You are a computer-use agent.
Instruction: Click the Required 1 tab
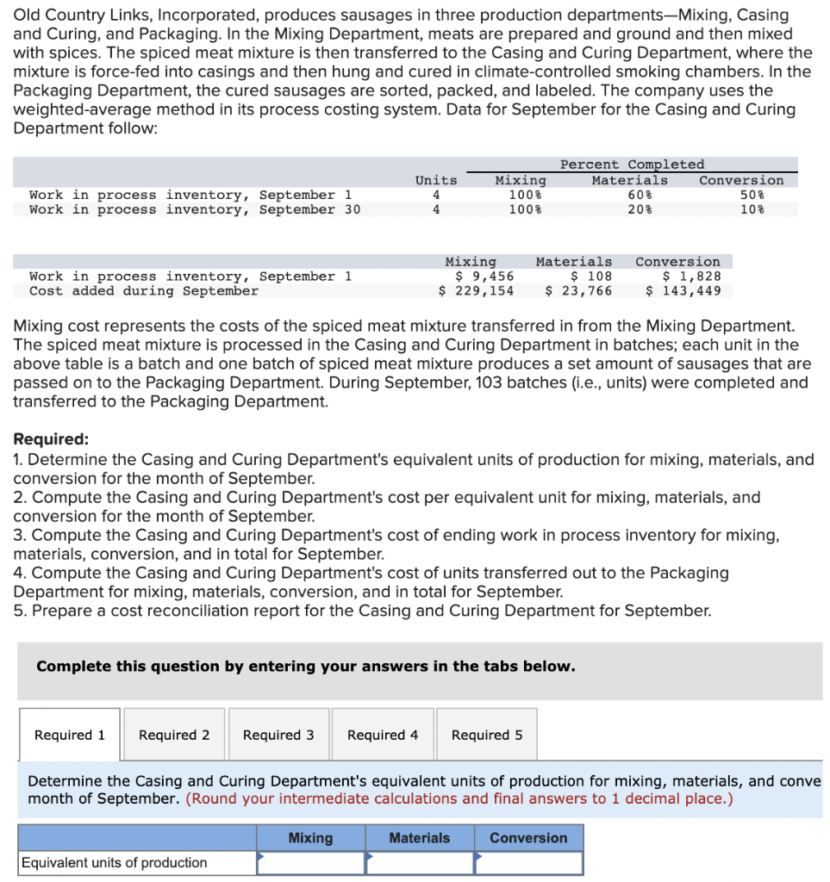(x=70, y=735)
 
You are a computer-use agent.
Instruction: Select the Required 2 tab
(x=174, y=735)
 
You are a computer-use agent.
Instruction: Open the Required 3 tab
(x=278, y=735)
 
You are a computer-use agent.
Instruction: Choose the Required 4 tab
(x=383, y=735)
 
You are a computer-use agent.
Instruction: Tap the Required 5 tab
(x=487, y=735)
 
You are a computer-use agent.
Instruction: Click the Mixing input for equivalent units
(x=311, y=863)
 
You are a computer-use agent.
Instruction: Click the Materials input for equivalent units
(x=420, y=863)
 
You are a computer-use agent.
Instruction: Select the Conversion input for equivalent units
(x=528, y=863)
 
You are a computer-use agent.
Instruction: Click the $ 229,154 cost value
(x=476, y=291)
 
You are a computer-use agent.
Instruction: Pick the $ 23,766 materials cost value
(x=579, y=291)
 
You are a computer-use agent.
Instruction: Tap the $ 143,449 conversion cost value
(x=683, y=291)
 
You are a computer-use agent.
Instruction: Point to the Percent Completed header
(x=632, y=165)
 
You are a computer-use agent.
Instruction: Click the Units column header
(x=436, y=180)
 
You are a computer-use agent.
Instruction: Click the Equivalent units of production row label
(x=114, y=863)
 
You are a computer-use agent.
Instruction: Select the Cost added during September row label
(x=144, y=291)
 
